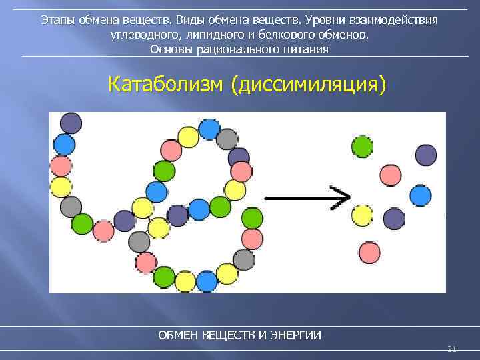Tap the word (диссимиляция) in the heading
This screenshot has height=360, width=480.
[x=309, y=85]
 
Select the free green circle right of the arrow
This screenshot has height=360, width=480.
[x=363, y=147]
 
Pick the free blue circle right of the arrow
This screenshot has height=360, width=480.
[x=420, y=195]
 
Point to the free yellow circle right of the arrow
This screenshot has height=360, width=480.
[x=362, y=215]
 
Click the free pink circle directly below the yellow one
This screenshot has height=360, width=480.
[x=369, y=252]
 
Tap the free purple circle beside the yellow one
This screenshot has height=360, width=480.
[x=394, y=218]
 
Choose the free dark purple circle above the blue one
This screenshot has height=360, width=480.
[x=426, y=155]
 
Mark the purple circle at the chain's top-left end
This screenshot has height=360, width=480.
[x=71, y=123]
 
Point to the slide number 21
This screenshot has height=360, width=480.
[x=451, y=349]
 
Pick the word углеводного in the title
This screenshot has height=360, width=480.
[x=143, y=35]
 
